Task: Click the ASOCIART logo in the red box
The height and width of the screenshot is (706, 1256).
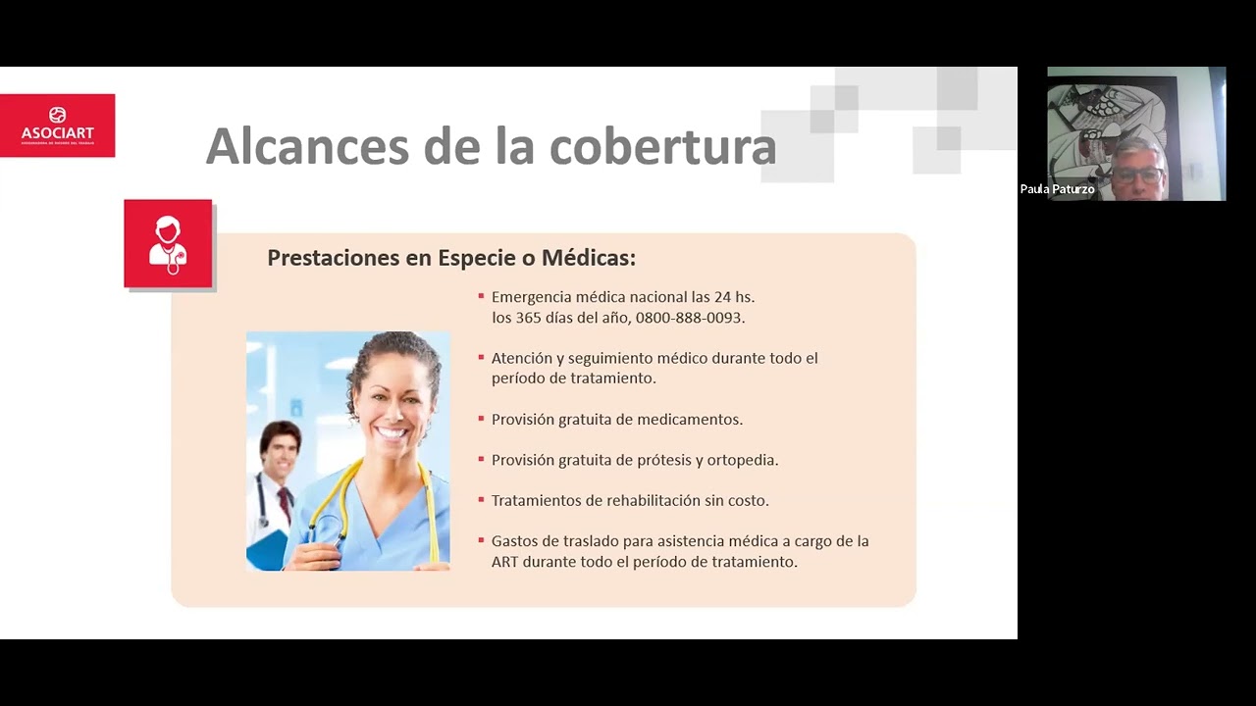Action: (x=57, y=125)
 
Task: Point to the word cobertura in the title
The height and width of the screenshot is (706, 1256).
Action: (x=662, y=147)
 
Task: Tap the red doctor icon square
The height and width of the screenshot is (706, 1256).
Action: (x=168, y=243)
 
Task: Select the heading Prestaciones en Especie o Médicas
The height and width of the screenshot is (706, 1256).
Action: (x=451, y=258)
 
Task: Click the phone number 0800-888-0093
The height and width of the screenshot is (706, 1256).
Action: (x=690, y=318)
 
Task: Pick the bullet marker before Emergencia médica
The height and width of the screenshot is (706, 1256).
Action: (x=481, y=295)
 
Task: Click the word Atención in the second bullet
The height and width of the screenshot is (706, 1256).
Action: (x=521, y=358)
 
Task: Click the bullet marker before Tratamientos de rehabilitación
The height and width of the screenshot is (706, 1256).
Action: (x=481, y=499)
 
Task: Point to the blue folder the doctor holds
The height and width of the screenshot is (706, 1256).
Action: (x=266, y=550)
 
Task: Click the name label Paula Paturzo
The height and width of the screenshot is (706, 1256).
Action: (x=1057, y=189)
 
